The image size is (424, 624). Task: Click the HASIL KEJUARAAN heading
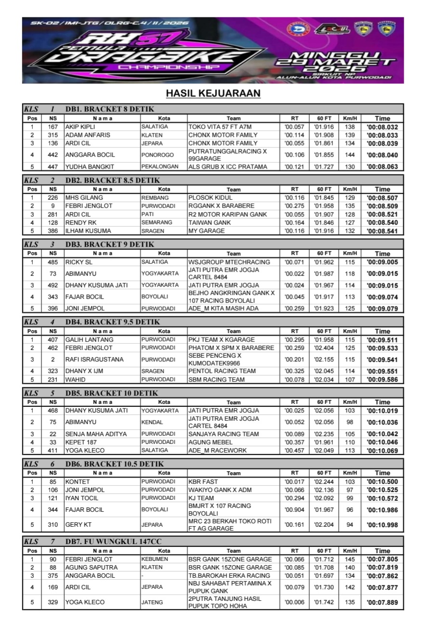(212, 93)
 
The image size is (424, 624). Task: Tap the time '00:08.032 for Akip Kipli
(382, 127)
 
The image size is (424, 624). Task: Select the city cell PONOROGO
(155, 155)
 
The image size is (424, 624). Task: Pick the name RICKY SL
(79, 262)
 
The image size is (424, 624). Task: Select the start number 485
(53, 262)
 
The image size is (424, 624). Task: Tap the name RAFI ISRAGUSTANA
(94, 359)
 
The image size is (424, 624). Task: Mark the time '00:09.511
(382, 339)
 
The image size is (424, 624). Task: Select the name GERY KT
(77, 524)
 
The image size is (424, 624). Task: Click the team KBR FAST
(203, 481)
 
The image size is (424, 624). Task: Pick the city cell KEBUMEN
(154, 559)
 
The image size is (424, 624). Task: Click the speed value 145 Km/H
(350, 559)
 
